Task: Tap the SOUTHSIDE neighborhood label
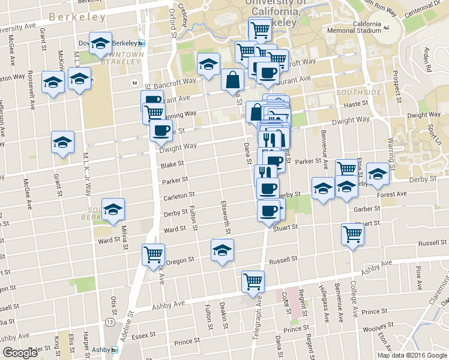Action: coord(358,92)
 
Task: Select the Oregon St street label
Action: coord(181,260)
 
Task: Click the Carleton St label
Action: coord(179,195)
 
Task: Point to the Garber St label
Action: coord(368,209)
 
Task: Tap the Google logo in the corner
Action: coord(20,353)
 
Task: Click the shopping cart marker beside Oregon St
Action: coord(153,254)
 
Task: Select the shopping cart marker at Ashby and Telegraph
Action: coord(253,280)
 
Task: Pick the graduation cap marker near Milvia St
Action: coord(113,209)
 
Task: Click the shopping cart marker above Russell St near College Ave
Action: coord(352,233)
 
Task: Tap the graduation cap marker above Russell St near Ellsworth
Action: coord(223,249)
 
